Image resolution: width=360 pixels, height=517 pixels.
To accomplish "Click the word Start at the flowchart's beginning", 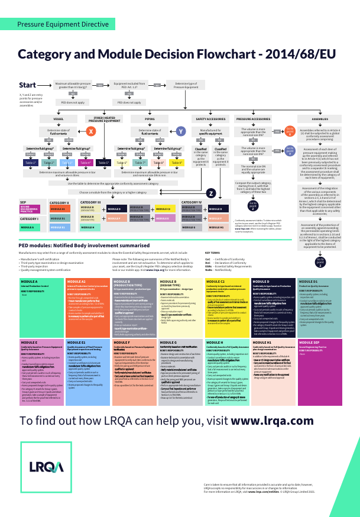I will [x=28, y=85].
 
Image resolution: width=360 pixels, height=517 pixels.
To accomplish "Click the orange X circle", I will [x=91, y=131].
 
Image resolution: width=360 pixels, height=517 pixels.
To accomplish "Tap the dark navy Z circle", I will [x=210, y=193].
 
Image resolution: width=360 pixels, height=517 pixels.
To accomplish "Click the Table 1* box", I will [x=31, y=162].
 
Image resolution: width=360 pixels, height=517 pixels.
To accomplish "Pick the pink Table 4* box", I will [x=85, y=162].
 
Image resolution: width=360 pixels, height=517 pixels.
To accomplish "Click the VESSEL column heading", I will [x=58, y=119].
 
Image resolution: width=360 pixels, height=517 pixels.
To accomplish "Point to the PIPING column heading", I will [x=150, y=119].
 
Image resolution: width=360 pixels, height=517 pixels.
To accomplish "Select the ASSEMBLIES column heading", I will [x=320, y=119].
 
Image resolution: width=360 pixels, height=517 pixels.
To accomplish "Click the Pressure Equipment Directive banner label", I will [x=63, y=24].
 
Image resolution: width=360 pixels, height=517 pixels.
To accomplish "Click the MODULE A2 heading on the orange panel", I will [x=77, y=282].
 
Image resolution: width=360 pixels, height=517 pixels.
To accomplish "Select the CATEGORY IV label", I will [x=192, y=202].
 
